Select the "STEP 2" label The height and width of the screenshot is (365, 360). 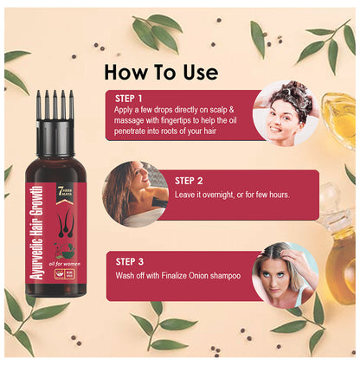pyautogui.click(x=193, y=181)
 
